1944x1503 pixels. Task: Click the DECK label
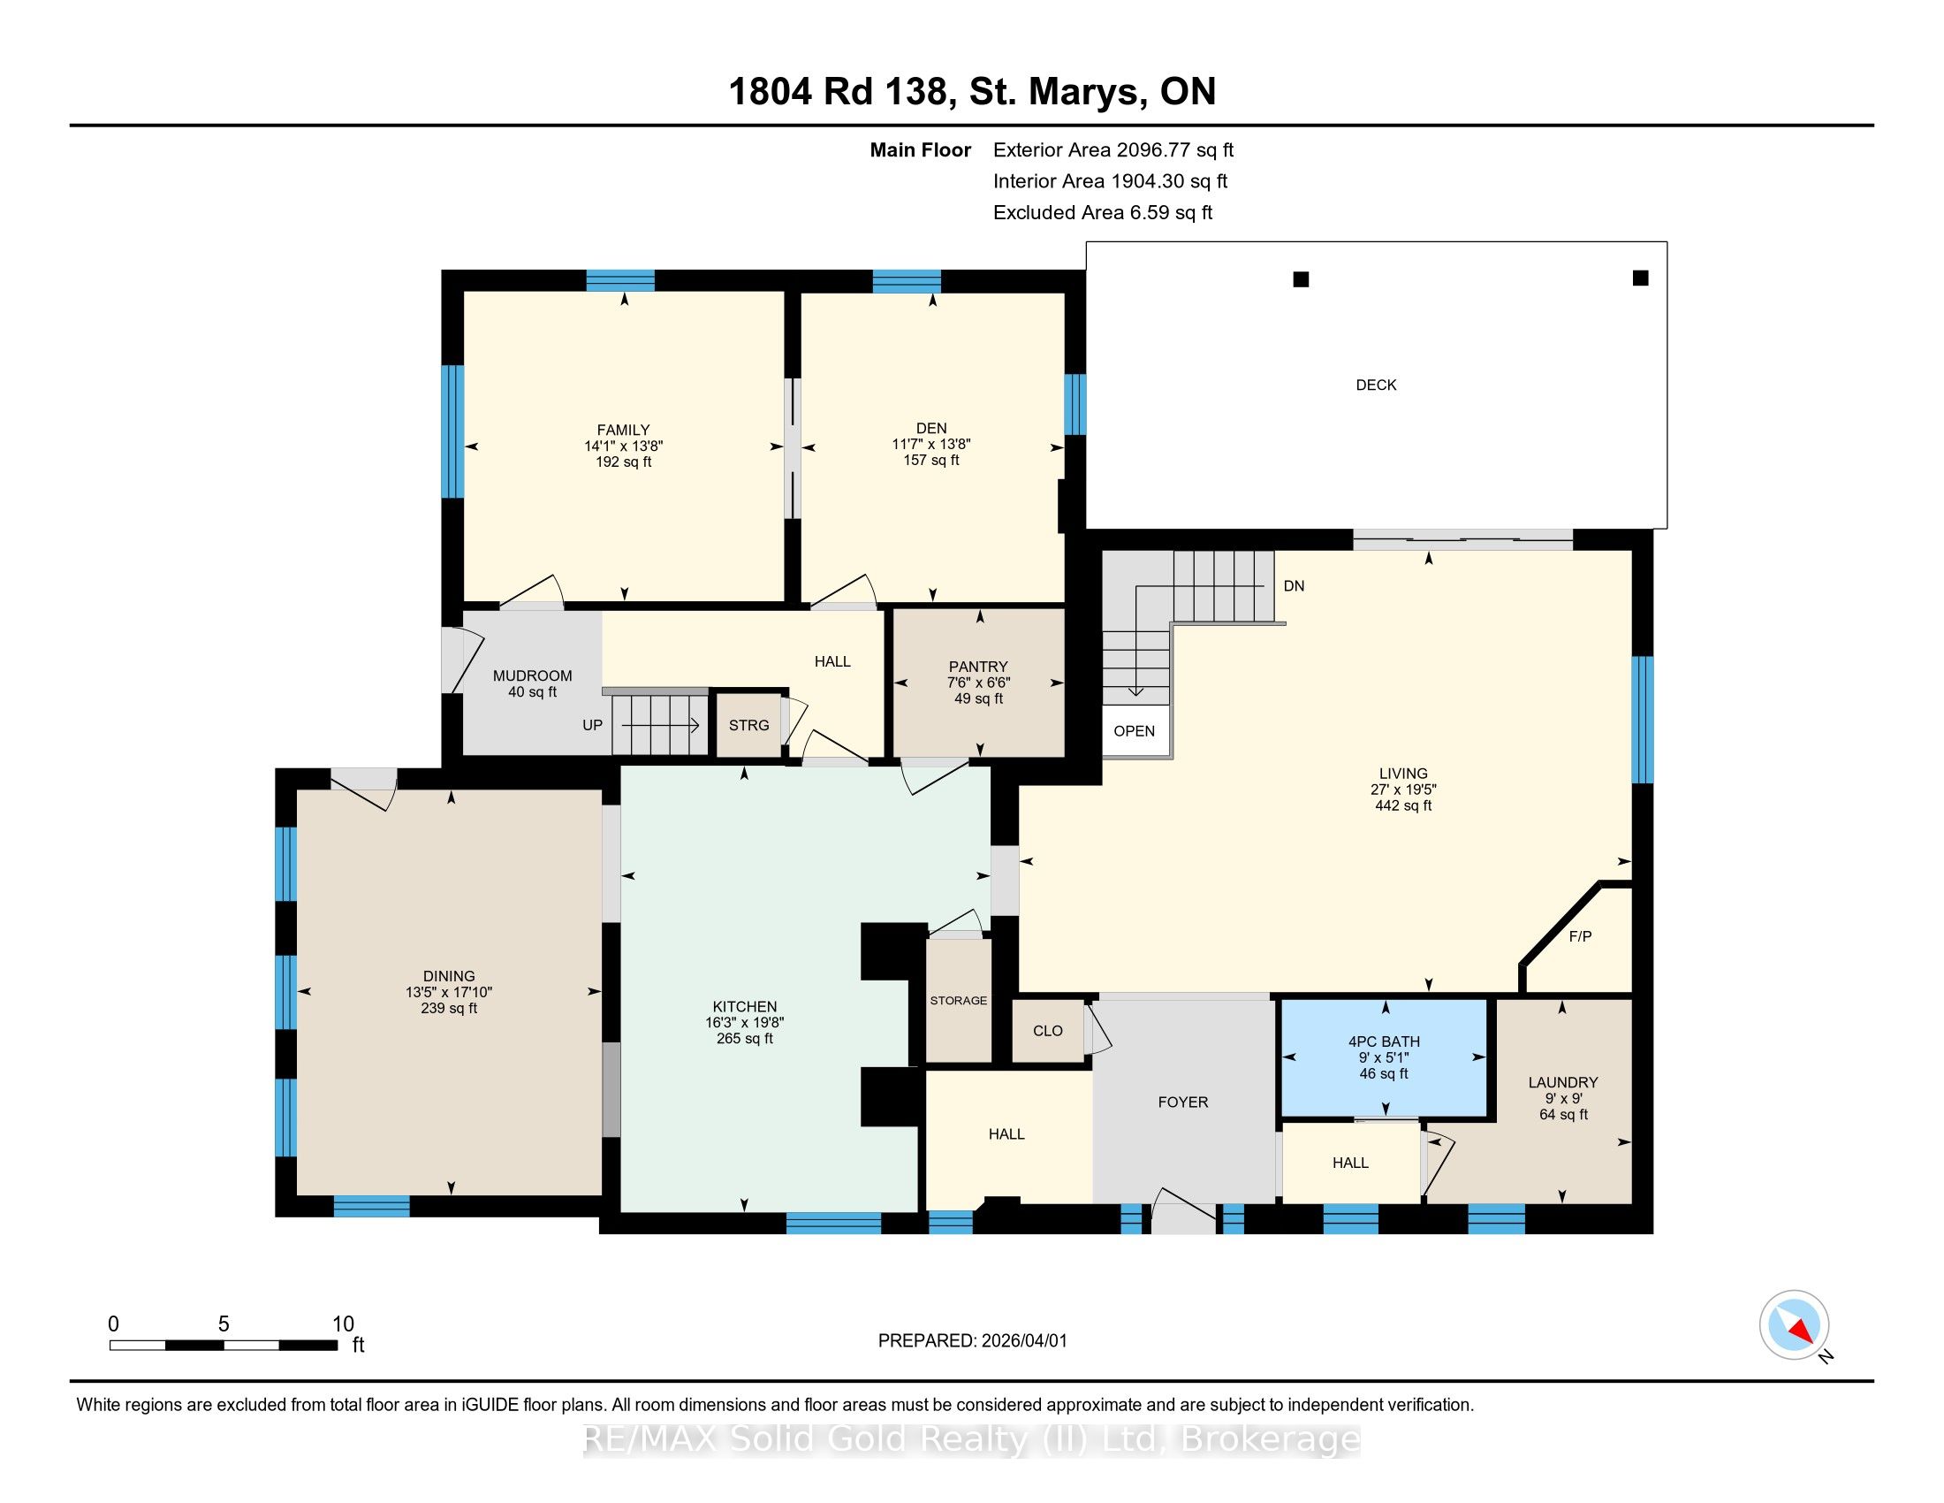(x=1375, y=385)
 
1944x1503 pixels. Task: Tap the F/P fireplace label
(x=1580, y=935)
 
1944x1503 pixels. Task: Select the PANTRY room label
(x=978, y=666)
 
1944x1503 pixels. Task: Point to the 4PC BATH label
(x=1384, y=1041)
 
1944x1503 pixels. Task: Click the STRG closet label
(x=748, y=725)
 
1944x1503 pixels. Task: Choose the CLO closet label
(x=1048, y=1030)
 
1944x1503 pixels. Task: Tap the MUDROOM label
(x=532, y=675)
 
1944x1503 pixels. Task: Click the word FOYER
(x=1183, y=1102)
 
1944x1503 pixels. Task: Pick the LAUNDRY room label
(x=1563, y=1082)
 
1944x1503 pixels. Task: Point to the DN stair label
(x=1294, y=586)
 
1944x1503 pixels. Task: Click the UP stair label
(x=592, y=725)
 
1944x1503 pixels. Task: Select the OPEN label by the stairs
(x=1134, y=731)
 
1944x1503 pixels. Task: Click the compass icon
(x=1795, y=1324)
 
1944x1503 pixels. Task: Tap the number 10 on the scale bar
(x=343, y=1324)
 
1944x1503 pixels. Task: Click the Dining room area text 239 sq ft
(x=449, y=1008)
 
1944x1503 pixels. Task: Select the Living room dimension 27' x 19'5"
(x=1404, y=789)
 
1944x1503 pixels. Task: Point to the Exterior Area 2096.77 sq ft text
(x=1113, y=149)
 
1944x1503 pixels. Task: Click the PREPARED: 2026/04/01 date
(x=972, y=1341)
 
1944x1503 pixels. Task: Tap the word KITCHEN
(x=744, y=1007)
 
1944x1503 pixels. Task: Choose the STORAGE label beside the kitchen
(x=959, y=1001)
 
